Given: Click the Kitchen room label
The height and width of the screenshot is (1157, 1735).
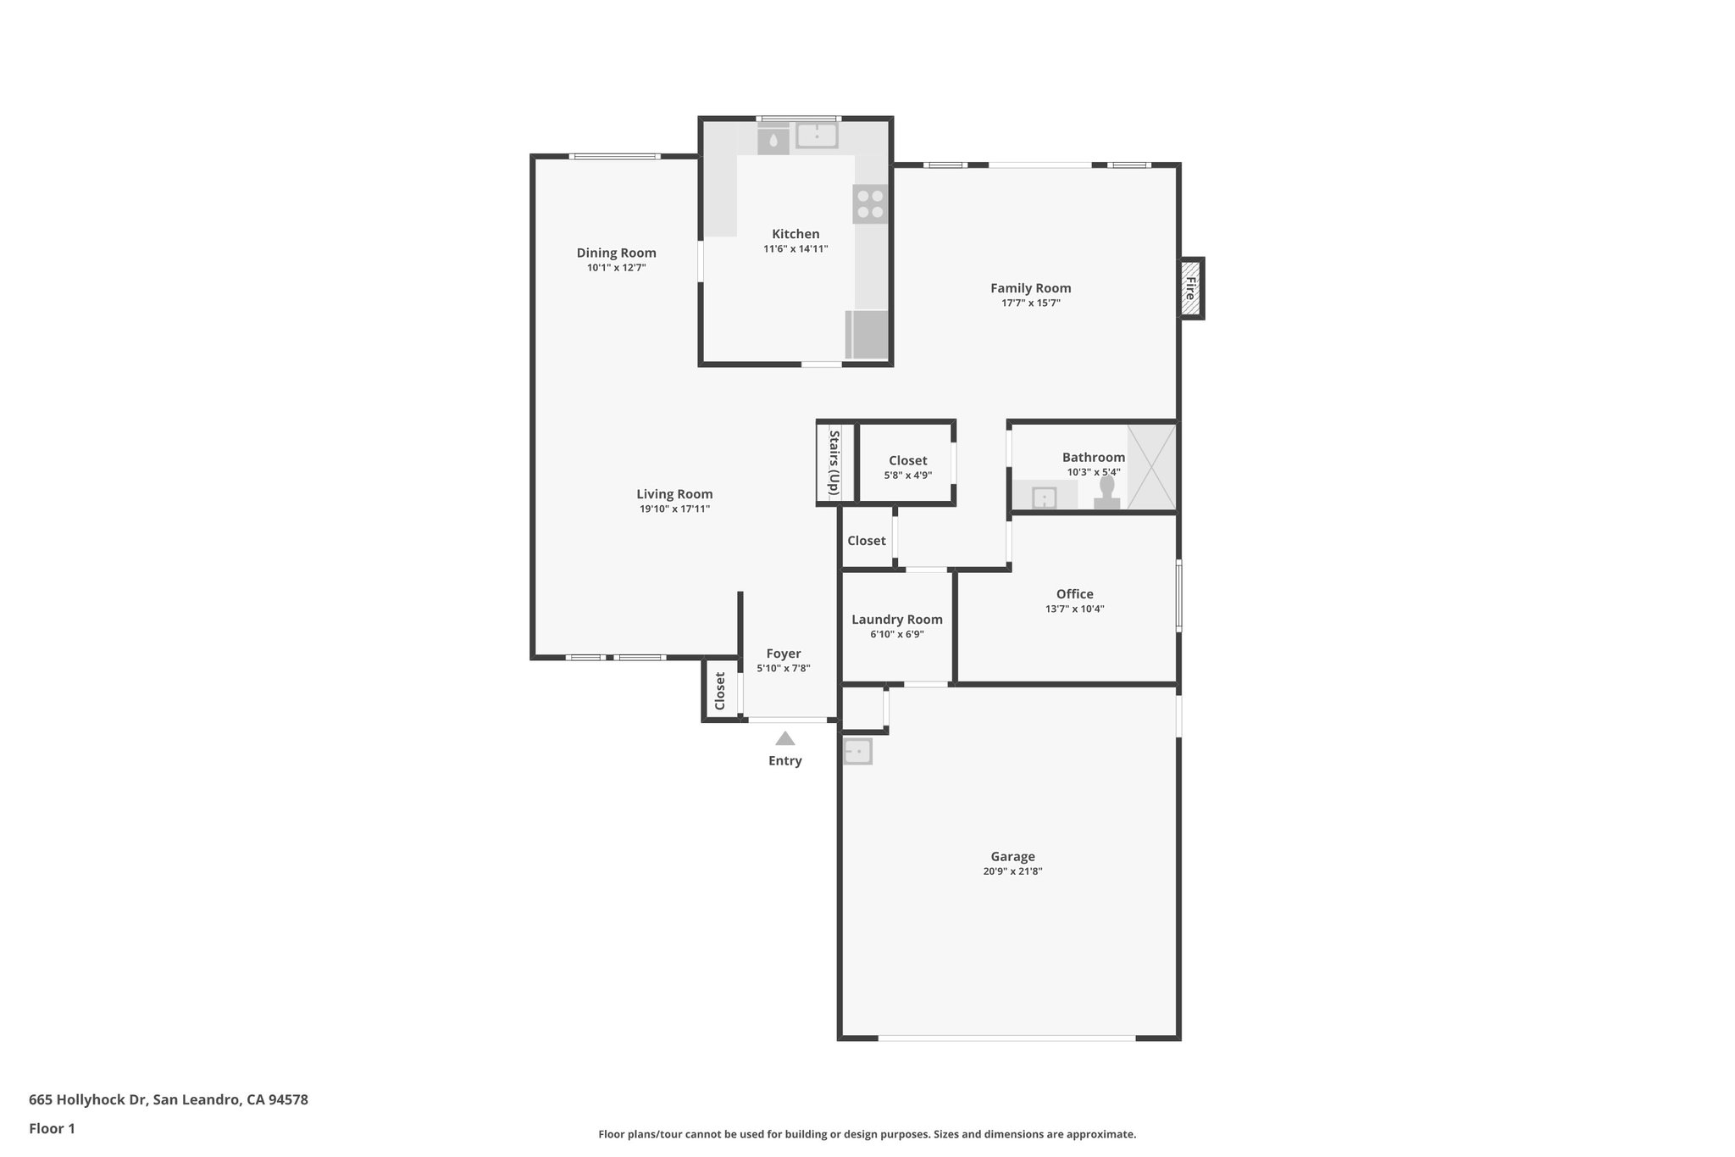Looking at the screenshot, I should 795,234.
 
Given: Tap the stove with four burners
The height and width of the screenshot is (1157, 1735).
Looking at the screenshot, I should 870,204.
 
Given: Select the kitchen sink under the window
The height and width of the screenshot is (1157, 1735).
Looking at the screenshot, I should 817,136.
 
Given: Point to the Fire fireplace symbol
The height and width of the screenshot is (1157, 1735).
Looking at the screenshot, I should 1191,288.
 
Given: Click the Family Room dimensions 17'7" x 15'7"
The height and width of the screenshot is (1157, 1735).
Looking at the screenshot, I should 1030,303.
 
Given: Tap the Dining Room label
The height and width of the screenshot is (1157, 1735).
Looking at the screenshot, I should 616,253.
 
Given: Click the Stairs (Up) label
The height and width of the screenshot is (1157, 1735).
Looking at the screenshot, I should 834,463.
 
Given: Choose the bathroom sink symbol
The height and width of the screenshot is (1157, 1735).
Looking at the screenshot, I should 1044,498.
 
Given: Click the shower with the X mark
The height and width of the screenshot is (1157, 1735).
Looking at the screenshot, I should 1151,467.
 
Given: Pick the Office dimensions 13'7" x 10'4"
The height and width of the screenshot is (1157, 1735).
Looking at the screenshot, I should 1074,609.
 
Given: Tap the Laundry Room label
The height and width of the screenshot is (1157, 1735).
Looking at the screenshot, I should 896,620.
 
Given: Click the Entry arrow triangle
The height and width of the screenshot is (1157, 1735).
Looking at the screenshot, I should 784,738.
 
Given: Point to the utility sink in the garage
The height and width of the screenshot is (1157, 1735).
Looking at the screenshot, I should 857,751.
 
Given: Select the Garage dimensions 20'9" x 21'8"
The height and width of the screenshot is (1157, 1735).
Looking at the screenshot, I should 1012,871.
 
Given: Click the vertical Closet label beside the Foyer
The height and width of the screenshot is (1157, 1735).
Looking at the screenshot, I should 720,690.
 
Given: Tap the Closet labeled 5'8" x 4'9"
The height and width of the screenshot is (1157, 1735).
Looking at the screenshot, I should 907,467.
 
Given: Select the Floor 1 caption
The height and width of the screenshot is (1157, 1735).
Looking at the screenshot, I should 52,1128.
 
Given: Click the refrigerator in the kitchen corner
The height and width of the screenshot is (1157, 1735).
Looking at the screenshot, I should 867,335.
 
